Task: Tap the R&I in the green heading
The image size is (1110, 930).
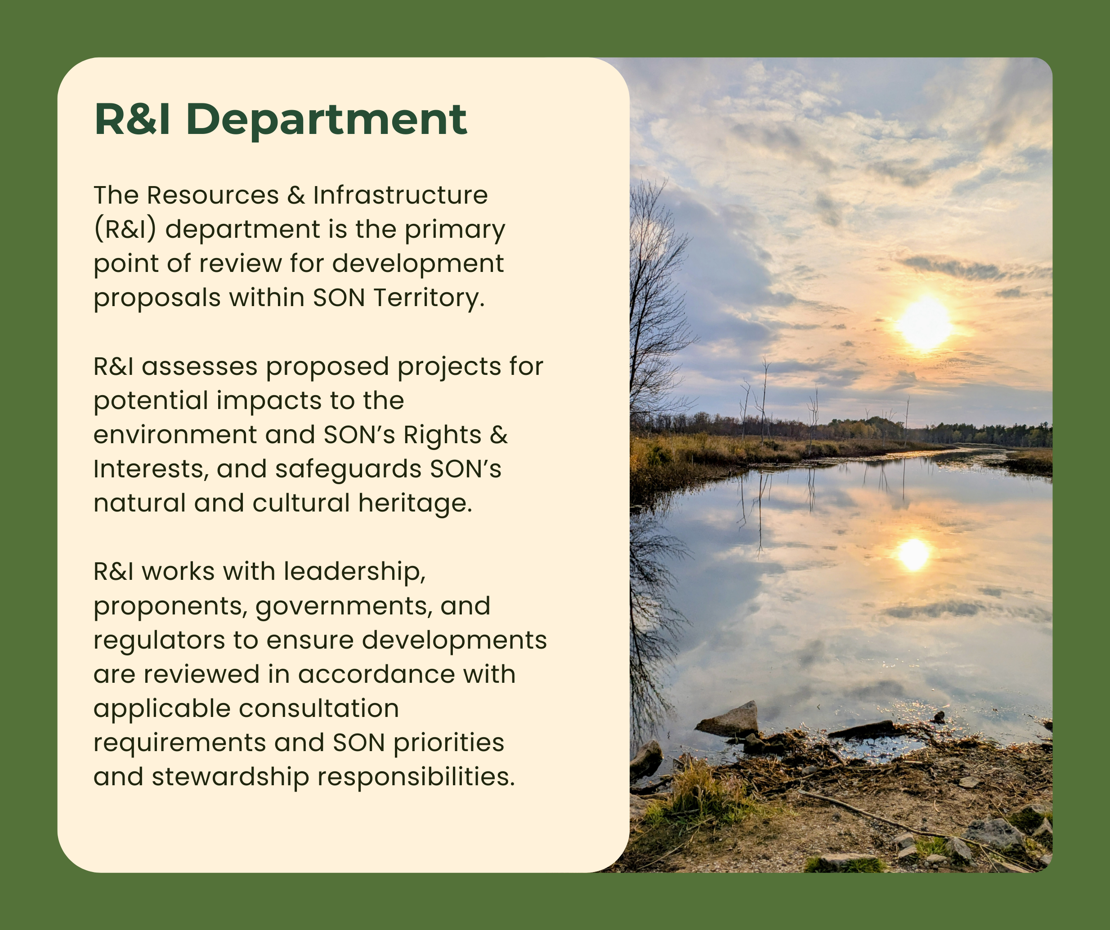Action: tap(132, 119)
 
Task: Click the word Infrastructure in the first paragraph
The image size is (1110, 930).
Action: tap(400, 195)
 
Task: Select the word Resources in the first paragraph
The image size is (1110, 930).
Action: tap(212, 195)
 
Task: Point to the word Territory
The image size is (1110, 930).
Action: tap(429, 298)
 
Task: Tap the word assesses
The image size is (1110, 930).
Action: tap(199, 367)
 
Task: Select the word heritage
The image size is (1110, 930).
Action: tap(415, 503)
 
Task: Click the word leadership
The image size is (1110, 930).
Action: tap(354, 572)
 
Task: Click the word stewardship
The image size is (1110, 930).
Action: tap(230, 777)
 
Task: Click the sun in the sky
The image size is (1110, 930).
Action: tap(924, 323)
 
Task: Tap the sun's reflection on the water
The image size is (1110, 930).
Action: tap(913, 554)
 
